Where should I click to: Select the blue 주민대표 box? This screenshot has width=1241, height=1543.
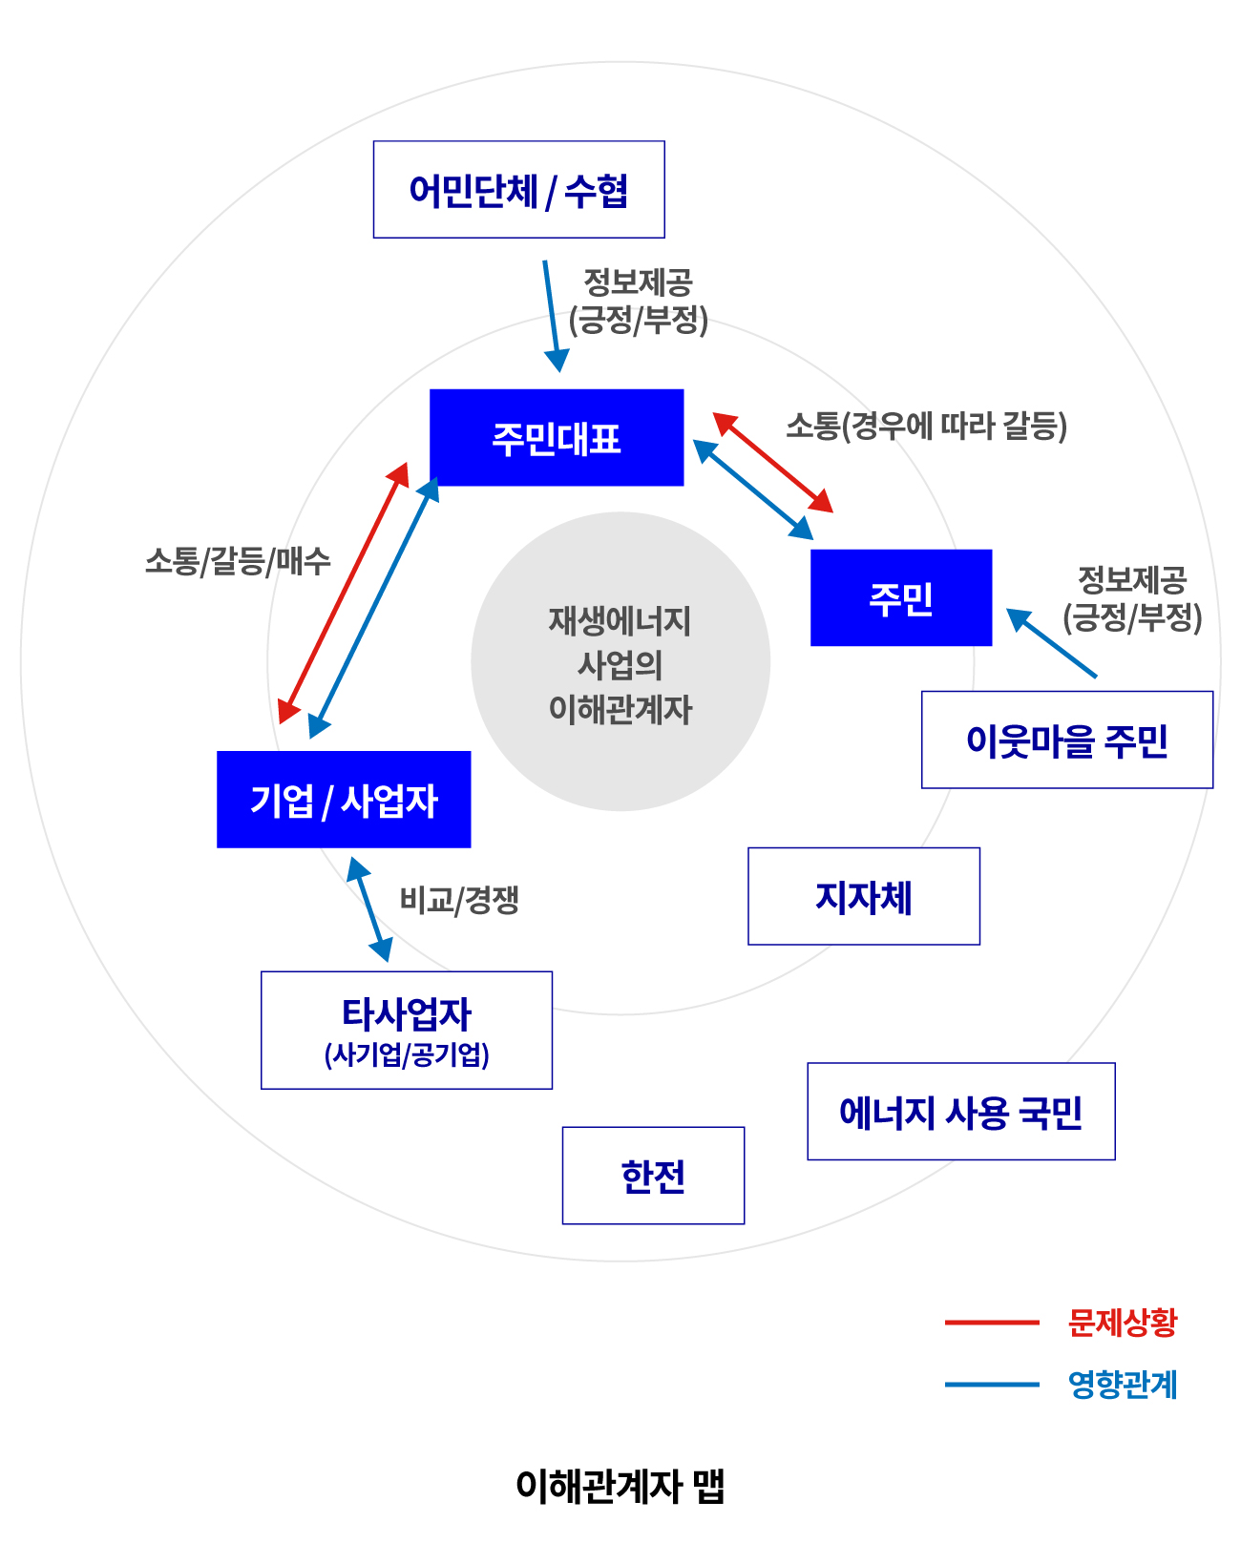557,437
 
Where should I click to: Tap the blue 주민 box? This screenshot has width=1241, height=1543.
901,597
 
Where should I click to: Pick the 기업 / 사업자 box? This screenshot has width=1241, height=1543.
344,800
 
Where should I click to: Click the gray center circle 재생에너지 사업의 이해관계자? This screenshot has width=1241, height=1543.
620,661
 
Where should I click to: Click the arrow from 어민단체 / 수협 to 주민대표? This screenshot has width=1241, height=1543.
553,316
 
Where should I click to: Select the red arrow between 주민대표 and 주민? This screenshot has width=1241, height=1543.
772,462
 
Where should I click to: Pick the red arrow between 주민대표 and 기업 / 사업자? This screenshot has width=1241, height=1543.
343,593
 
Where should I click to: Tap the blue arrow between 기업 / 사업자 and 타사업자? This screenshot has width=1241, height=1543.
369,909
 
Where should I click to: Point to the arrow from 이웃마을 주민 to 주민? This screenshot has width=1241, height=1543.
1051,642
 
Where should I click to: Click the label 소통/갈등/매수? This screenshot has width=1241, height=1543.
238,561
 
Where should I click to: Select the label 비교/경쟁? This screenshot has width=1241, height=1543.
459,900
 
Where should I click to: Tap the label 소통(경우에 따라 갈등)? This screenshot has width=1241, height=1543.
927,426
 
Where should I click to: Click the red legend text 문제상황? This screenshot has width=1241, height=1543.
1123,1322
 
